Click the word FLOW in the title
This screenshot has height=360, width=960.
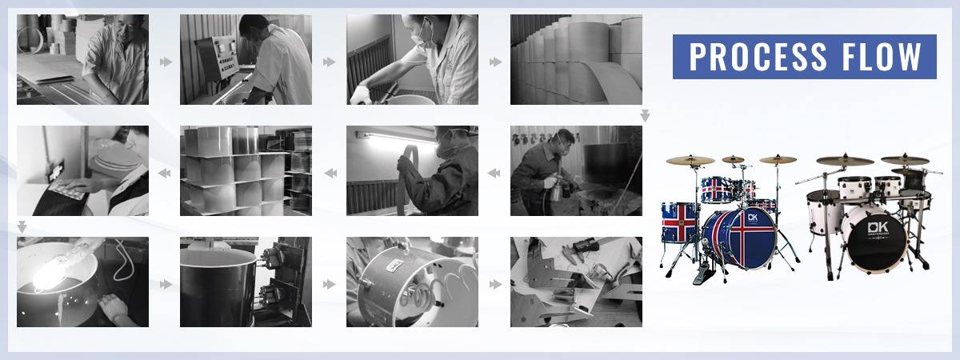[882, 57]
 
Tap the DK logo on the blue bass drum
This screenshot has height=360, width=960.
[753, 218]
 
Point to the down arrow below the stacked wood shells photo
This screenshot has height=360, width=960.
[645, 115]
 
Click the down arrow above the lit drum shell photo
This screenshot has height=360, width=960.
[22, 226]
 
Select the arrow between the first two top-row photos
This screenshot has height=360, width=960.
[166, 62]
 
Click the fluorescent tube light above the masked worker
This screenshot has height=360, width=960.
[397, 138]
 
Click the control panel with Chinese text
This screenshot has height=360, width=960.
[217, 57]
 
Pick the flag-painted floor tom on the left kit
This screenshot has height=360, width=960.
[680, 222]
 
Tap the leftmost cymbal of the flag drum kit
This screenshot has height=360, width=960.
[690, 160]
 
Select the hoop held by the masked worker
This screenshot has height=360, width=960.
[406, 179]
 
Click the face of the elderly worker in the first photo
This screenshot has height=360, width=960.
[123, 28]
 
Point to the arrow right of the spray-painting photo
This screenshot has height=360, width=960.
[494, 173]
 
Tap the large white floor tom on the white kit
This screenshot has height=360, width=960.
[824, 212]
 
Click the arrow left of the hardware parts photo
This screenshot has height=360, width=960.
[495, 284]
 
